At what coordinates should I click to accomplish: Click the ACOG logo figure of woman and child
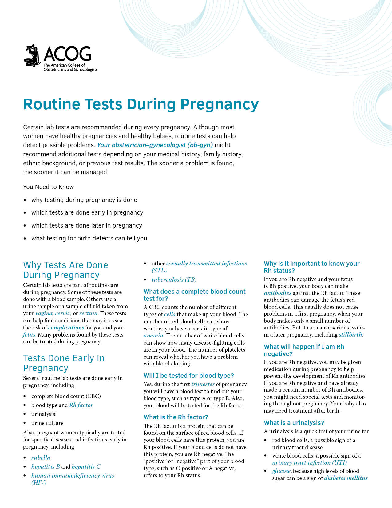point(33,56)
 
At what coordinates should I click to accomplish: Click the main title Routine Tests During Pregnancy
point(141,104)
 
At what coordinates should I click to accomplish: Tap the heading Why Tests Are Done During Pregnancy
point(65,270)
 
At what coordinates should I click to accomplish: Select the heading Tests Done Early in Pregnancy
point(64,363)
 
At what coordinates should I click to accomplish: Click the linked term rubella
point(41,458)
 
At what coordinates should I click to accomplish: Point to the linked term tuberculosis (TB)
point(174,280)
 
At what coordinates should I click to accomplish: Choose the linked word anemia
point(153,336)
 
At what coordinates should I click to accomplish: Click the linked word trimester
point(203,384)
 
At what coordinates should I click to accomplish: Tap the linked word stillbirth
point(350,335)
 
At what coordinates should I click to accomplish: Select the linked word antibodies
point(278,293)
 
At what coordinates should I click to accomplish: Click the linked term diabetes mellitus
point(346,478)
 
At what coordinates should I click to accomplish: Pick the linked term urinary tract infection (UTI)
point(309,463)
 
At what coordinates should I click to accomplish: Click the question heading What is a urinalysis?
point(294,423)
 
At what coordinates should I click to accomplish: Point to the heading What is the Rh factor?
point(176,417)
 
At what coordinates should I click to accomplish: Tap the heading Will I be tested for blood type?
point(188,376)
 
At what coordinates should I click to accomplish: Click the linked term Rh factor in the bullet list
point(81,405)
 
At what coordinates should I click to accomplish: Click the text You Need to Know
point(49,187)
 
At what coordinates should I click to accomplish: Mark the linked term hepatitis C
point(86,467)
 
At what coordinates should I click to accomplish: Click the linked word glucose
point(281,471)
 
